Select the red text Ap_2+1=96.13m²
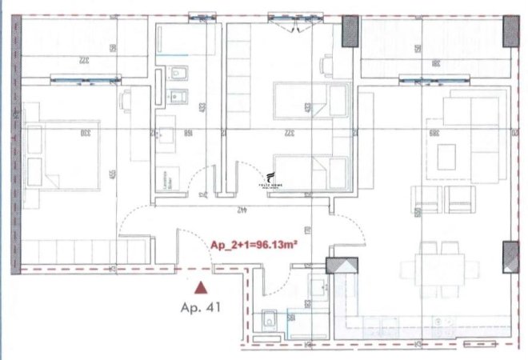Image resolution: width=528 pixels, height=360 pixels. [x=254, y=246]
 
